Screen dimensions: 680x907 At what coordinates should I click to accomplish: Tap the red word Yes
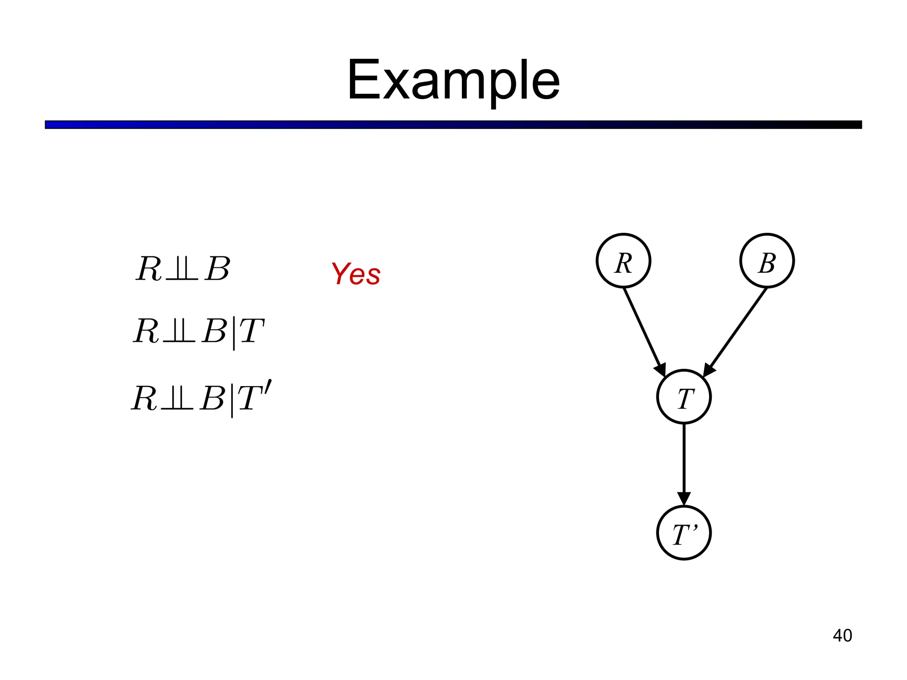356,274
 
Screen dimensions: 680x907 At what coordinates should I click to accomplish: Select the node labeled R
624,261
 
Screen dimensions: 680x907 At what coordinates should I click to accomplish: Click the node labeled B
767,261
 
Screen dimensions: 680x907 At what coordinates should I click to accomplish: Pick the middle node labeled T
684,397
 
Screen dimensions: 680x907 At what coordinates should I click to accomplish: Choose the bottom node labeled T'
684,533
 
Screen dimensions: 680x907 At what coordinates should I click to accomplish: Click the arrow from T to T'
684,463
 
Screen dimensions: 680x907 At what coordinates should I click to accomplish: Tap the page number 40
842,636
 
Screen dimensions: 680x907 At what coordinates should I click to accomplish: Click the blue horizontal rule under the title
453,125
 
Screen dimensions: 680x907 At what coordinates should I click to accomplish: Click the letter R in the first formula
149,269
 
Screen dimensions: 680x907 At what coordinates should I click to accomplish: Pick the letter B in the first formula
217,269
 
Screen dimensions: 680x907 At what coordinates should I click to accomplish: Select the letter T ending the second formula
252,331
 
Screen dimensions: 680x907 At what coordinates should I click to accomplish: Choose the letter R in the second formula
147,331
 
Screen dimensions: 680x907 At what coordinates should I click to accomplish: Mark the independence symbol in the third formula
177,398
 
